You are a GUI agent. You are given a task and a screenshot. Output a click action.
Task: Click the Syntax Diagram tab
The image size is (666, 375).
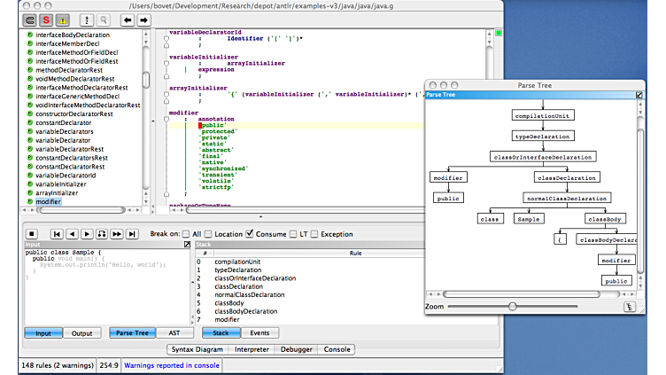197,350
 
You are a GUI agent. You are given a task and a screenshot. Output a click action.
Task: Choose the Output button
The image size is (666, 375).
81,333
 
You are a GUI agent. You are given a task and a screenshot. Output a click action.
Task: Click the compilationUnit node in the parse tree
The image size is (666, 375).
542,114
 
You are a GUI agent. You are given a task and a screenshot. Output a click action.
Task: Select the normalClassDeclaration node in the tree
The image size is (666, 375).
567,198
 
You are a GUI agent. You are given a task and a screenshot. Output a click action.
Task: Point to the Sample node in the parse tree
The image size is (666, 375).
529,218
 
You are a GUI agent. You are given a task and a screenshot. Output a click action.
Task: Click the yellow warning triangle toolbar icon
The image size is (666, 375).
62,19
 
